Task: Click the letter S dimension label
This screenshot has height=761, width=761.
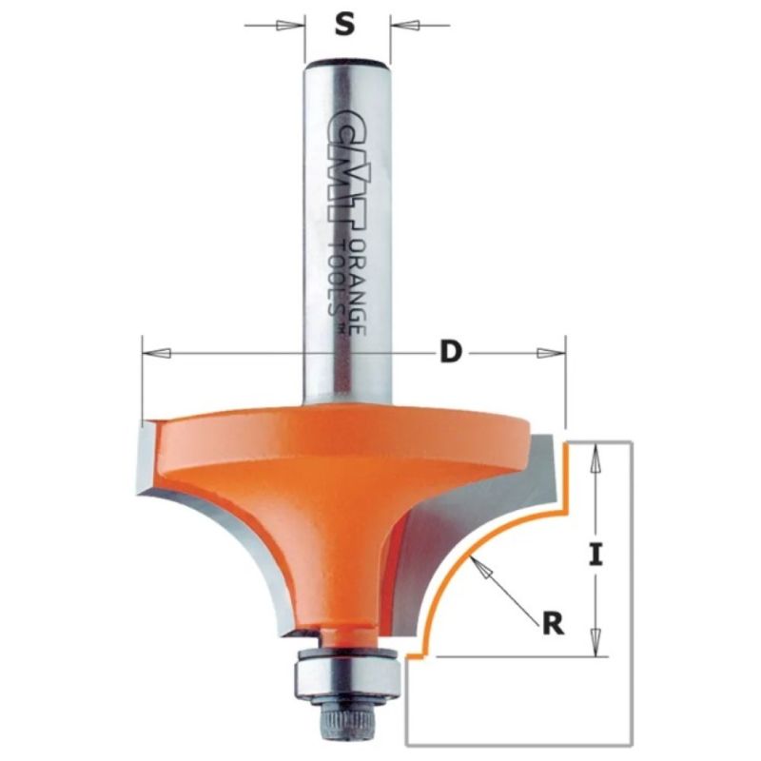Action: tap(344, 25)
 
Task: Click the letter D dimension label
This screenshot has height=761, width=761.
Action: tap(450, 352)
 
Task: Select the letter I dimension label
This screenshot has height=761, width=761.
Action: tap(596, 555)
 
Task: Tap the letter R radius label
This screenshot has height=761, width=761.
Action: tap(554, 625)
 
